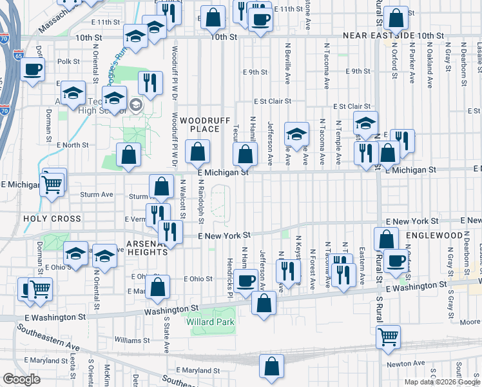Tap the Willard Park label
coord(210,322)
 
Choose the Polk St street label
coord(68,62)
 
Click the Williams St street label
coord(132,339)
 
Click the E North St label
coord(72,145)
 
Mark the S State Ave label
coord(166,334)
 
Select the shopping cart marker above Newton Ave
coord(388,336)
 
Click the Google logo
coord(21,379)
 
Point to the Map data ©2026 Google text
coord(442,382)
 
